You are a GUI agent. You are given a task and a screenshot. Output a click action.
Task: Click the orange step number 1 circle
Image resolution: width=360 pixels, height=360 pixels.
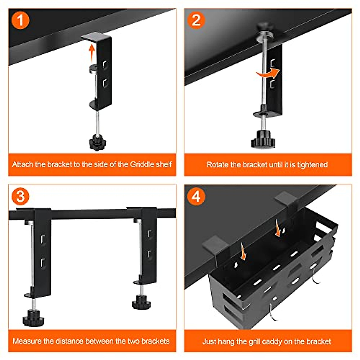20,20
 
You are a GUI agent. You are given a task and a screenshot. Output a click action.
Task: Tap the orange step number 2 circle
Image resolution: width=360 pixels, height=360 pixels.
196,20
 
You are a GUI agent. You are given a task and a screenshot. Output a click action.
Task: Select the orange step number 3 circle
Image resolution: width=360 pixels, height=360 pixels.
20,196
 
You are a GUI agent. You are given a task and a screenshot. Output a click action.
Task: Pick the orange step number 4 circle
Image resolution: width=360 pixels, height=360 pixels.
196,196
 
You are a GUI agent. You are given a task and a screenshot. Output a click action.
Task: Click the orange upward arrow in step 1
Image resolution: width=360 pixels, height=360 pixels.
91,53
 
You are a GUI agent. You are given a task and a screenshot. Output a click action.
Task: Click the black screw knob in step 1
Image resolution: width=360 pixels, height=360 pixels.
97,142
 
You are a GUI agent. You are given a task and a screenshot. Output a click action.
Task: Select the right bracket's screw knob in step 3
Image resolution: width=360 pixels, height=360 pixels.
141,302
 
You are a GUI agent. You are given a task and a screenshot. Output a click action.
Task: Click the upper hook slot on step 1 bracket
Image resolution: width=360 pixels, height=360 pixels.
105,65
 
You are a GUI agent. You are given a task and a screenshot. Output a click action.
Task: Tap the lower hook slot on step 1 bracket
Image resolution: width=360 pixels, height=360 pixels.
105,83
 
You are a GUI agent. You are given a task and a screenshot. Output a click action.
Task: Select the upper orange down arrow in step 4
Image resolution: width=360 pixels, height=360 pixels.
277,228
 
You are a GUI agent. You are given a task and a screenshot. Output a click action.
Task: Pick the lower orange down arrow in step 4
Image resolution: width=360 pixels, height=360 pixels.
243,251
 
